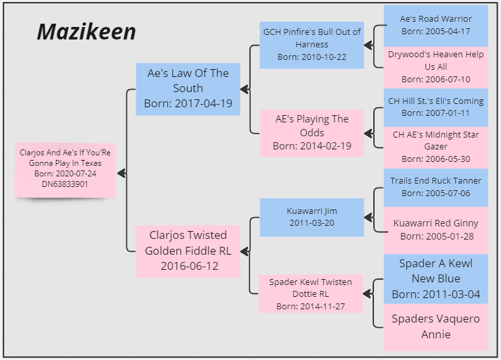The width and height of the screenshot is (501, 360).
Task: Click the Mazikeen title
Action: click(x=86, y=31)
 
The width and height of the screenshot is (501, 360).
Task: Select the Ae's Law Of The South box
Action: click(x=188, y=89)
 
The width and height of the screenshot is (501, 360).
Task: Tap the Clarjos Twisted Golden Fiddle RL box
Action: click(x=188, y=251)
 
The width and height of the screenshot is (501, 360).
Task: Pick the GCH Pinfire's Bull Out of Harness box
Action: click(x=311, y=45)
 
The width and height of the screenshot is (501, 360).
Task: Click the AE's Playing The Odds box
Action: click(x=311, y=133)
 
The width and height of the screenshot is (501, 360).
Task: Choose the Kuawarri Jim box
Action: click(x=311, y=217)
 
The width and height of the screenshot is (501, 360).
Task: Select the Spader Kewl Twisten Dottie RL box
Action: click(x=311, y=294)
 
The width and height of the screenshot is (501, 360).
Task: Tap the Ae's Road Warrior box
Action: click(x=435, y=26)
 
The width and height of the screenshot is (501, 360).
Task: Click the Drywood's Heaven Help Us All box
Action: click(x=435, y=66)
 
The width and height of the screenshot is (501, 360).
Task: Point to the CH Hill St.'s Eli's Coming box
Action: click(x=435, y=107)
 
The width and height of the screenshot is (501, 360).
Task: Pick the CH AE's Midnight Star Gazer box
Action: click(x=435, y=147)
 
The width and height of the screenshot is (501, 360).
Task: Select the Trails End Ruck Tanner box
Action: click(x=435, y=187)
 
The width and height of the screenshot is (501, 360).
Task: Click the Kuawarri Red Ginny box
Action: click(x=435, y=230)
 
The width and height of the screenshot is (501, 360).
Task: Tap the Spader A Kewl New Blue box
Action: click(x=435, y=279)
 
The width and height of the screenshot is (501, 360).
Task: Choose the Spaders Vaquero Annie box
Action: click(x=435, y=326)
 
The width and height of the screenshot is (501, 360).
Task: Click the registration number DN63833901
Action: click(x=65, y=184)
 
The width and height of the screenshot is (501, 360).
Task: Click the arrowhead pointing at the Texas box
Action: click(x=121, y=173)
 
